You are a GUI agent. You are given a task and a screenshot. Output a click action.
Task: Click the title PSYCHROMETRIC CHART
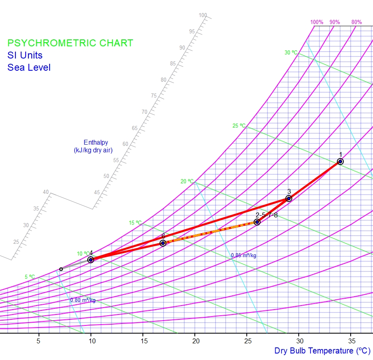[70, 43]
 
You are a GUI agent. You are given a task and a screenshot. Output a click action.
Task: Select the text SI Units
[25, 55]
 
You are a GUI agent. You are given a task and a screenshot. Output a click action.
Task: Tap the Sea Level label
[29, 67]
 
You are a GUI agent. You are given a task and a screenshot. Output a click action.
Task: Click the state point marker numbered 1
[340, 162]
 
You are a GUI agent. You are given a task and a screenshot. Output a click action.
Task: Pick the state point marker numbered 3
[289, 199]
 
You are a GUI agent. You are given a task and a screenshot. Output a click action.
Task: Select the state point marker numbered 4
[91, 260]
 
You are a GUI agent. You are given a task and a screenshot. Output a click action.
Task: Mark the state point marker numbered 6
[163, 243]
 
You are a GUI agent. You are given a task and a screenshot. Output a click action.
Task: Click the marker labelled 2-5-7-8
[257, 222]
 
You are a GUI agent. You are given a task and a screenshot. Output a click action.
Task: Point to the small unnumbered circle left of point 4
[61, 269]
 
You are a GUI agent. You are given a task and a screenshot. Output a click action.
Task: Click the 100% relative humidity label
[317, 22]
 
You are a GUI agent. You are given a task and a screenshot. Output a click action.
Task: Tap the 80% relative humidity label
[356, 22]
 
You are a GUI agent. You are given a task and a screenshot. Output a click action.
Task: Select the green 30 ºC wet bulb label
[291, 52]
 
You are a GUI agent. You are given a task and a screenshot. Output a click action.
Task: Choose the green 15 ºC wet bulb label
[135, 223]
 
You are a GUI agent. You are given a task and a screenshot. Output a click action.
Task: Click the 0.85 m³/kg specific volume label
[244, 256]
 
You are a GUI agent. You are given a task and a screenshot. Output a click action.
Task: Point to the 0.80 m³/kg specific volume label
[83, 300]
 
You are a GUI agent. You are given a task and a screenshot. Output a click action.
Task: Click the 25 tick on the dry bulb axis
[247, 340]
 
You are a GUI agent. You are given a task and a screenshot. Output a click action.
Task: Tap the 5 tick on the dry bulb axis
[39, 340]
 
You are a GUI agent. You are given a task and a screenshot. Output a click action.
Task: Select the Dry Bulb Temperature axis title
[322, 351]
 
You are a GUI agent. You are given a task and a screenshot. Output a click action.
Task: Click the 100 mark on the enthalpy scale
[203, 15]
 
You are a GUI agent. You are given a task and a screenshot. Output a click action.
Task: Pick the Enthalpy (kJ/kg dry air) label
[93, 146]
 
